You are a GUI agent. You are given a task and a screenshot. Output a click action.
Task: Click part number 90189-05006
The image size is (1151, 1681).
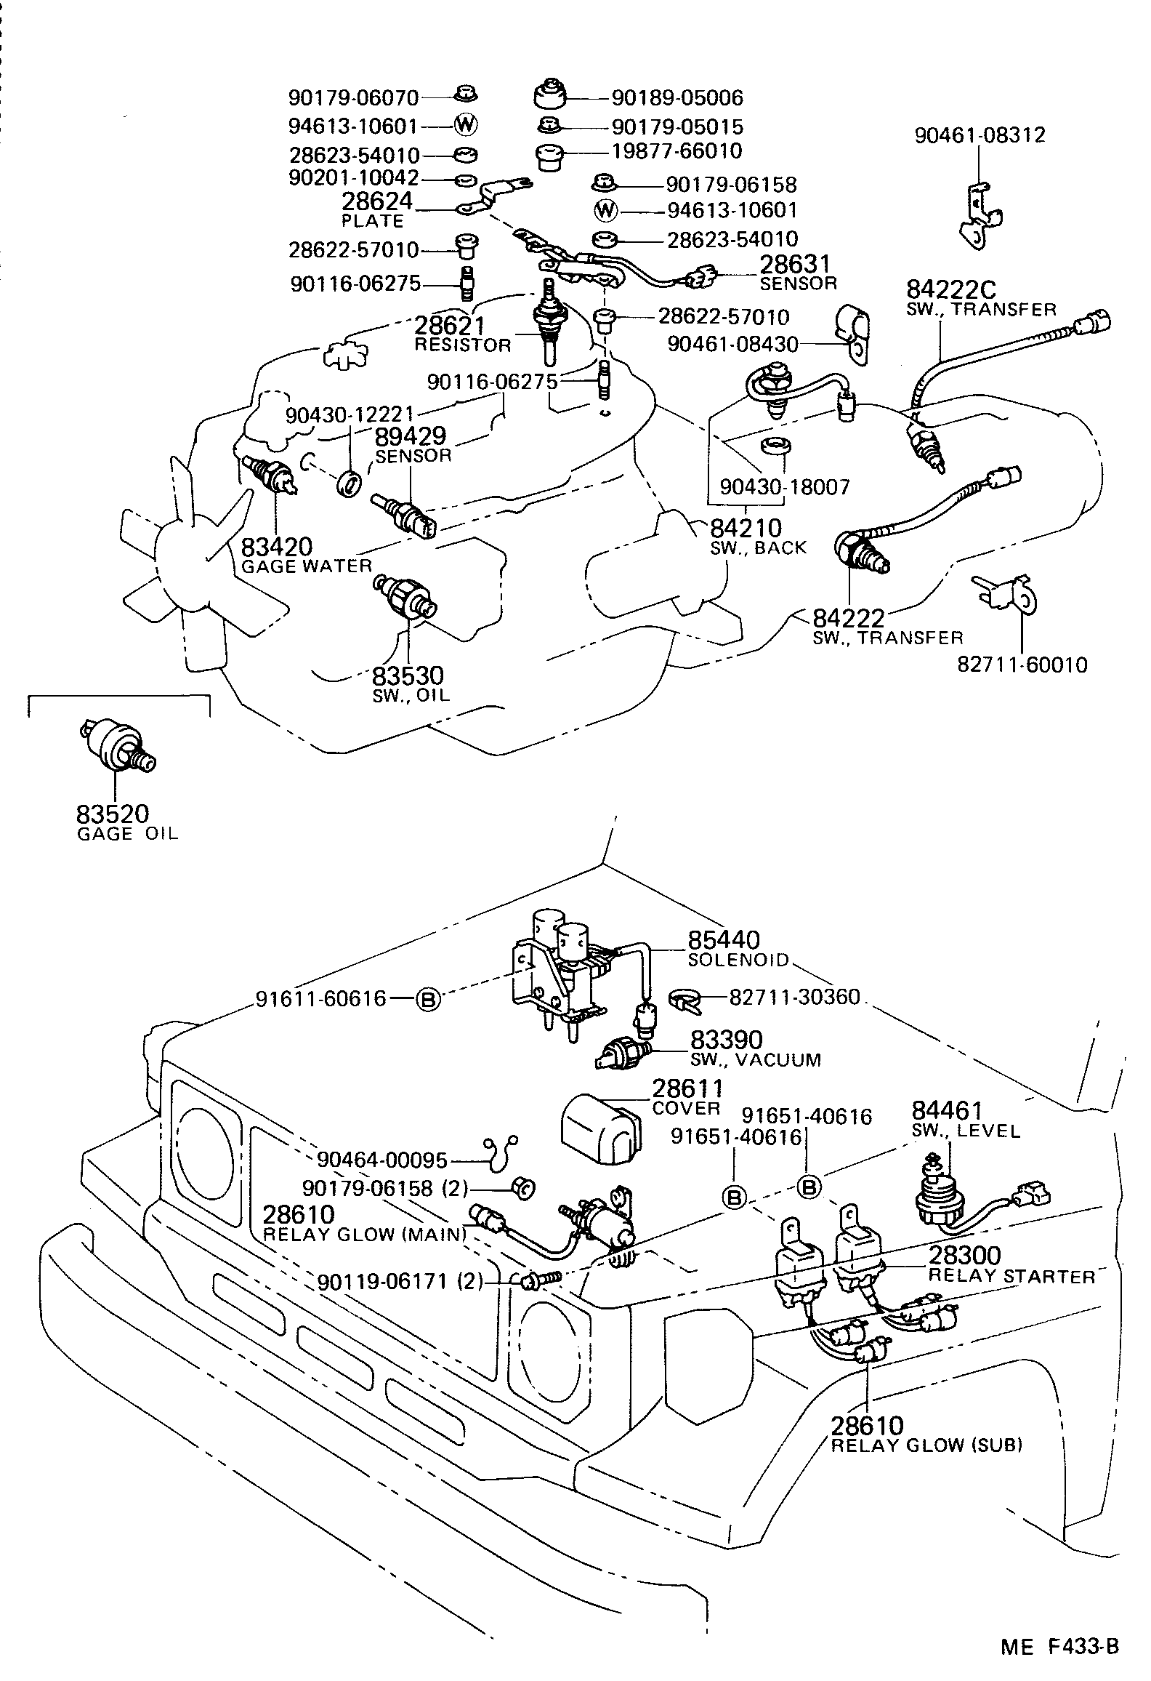(677, 97)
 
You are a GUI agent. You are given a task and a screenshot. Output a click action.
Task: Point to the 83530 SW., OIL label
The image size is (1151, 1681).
(408, 683)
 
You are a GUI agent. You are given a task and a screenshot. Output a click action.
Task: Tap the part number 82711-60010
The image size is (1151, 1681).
(1022, 665)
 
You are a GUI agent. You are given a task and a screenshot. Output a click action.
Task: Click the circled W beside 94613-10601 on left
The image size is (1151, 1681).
(465, 126)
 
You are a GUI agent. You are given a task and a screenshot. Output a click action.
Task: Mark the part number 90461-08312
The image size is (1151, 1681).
(980, 135)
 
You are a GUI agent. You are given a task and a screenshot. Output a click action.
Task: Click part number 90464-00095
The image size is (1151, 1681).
(381, 1161)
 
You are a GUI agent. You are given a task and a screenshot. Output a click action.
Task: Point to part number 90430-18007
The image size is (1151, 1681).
(785, 487)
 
